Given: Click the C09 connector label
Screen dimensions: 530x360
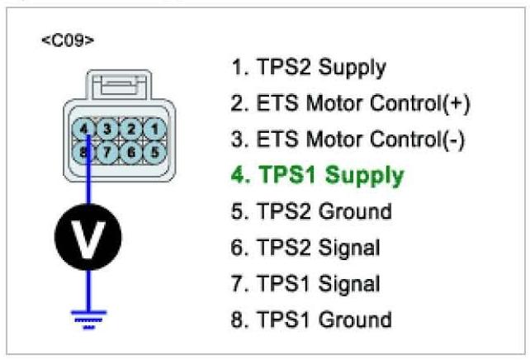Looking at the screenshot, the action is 65,40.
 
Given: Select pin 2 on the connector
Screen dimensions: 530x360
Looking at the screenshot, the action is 129,130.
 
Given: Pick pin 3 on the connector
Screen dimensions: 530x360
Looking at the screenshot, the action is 108,130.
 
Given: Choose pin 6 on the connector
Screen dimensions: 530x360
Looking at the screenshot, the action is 129,151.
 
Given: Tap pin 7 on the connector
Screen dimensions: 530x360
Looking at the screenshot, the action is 108,151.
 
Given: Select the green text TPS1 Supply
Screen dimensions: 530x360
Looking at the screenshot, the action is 319,176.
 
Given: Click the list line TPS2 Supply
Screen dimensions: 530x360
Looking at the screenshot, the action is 309,68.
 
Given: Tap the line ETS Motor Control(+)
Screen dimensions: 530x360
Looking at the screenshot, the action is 352,104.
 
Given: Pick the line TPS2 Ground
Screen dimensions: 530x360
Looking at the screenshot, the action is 311,212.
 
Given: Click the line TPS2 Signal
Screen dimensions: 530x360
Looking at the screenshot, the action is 306,249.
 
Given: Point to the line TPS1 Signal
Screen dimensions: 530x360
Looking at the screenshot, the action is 306,284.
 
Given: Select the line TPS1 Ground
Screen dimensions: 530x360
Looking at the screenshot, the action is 311,320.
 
